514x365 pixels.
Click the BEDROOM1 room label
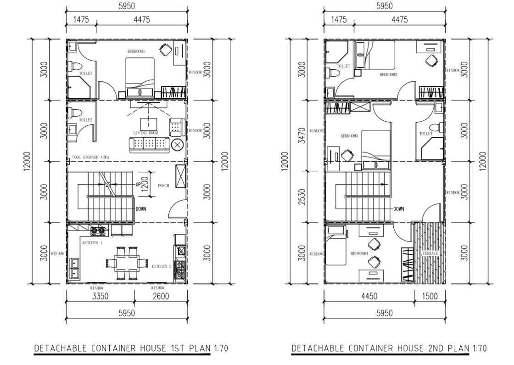click(136, 51)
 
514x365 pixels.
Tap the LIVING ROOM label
click(145, 133)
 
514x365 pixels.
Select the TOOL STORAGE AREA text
click(90, 157)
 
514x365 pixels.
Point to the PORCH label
click(163, 185)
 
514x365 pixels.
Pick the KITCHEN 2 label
click(161, 266)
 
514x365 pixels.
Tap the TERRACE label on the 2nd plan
click(430, 253)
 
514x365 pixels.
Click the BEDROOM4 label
click(360, 253)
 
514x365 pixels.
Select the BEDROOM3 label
click(349, 136)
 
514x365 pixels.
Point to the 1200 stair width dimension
click(145, 184)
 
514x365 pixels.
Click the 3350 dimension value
click(100, 296)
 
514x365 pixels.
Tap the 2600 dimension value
click(161, 296)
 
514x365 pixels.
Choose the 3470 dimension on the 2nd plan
click(302, 135)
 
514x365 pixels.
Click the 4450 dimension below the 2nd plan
click(369, 296)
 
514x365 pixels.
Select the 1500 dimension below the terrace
click(430, 296)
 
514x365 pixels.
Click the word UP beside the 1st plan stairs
click(138, 185)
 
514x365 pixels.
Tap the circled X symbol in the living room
click(178, 145)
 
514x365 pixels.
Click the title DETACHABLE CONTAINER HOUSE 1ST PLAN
click(122, 348)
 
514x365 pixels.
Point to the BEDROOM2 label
click(388, 74)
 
